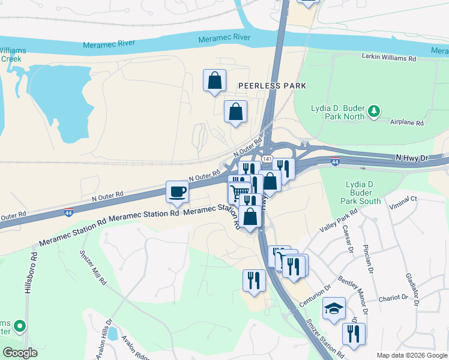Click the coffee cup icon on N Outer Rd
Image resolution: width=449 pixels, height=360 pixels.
177,192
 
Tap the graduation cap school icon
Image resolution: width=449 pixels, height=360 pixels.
334,308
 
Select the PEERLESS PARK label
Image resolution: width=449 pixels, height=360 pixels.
272,86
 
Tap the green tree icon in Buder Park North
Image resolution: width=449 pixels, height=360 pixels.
374,111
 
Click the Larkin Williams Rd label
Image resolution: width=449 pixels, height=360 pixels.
388,59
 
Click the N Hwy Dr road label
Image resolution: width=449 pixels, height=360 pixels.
414,157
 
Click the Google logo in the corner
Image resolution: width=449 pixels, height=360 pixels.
20,352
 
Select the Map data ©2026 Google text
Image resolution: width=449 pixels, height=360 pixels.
411,355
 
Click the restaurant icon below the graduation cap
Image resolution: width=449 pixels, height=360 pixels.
354,334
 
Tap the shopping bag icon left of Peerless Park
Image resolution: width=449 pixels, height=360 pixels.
214,80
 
